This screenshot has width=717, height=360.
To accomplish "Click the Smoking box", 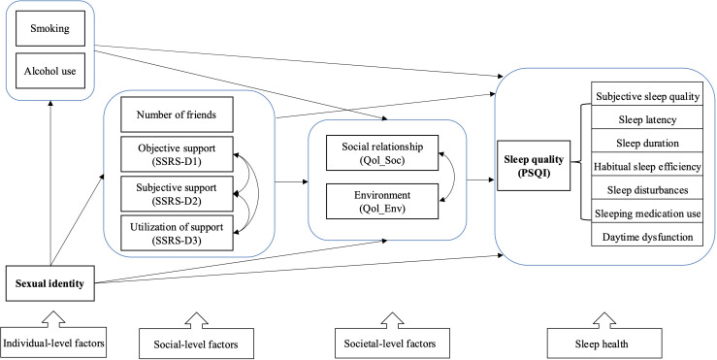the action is click(49, 29).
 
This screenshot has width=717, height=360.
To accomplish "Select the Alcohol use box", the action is click(49, 71).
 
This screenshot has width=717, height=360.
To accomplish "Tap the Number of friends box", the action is click(177, 115).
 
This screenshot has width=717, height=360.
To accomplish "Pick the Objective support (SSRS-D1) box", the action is click(177, 154).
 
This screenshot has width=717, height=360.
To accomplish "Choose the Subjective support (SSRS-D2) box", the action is click(177, 193).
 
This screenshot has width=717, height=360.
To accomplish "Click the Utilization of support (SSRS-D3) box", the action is click(177, 232).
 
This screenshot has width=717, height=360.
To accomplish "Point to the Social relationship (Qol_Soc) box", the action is click(382, 152).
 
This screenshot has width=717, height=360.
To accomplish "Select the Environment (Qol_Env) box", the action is click(382, 201).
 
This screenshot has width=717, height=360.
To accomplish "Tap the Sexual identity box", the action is click(49, 283).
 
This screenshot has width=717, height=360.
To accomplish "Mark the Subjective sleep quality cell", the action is click(647, 96).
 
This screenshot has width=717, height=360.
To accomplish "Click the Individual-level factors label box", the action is click(54, 343).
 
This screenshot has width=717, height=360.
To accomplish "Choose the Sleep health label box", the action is click(601, 344).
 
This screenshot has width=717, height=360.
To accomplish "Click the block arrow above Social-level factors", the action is click(196, 320).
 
